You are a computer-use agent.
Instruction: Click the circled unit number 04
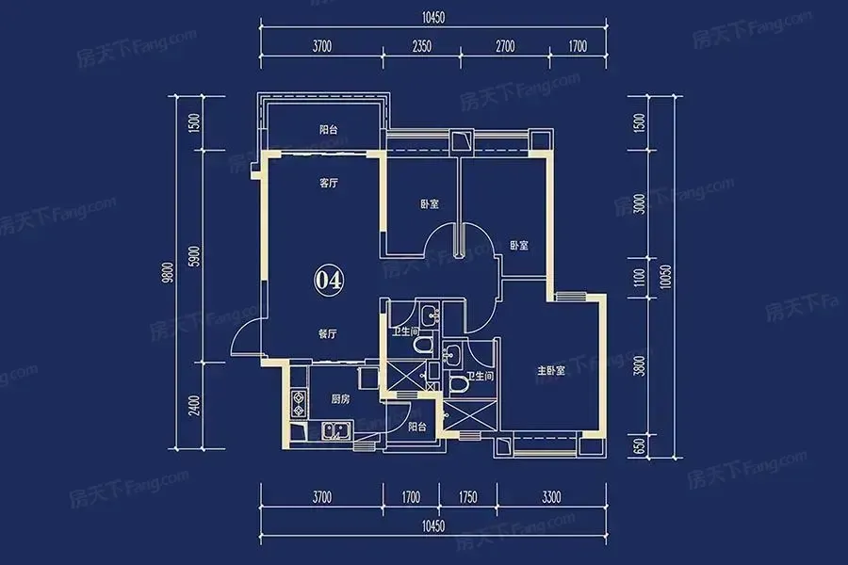click(x=328, y=280)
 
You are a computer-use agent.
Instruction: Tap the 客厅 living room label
click(x=328, y=184)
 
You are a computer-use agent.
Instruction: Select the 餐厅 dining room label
click(x=327, y=334)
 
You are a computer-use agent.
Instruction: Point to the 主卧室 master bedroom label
click(x=551, y=370)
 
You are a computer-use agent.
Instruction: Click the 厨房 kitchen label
click(x=340, y=399)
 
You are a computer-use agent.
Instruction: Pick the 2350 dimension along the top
click(x=422, y=46)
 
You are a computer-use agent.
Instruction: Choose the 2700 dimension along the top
click(x=505, y=46)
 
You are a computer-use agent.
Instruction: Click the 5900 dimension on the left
click(x=195, y=256)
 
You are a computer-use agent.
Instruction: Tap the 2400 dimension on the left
click(x=195, y=406)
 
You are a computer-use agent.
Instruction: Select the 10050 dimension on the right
click(x=666, y=276)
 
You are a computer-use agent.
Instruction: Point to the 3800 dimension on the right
click(x=639, y=366)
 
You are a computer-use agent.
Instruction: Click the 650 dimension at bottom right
click(x=639, y=446)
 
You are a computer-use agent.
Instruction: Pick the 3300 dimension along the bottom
click(x=551, y=497)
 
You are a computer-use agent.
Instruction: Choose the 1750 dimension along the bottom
click(x=467, y=497)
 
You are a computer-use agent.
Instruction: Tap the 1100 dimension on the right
click(x=639, y=278)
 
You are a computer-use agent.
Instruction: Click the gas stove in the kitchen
click(x=298, y=403)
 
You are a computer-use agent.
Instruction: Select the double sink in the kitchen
click(x=336, y=431)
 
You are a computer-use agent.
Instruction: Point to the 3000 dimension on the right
click(x=639, y=203)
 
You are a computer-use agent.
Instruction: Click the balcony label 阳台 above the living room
click(x=328, y=130)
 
